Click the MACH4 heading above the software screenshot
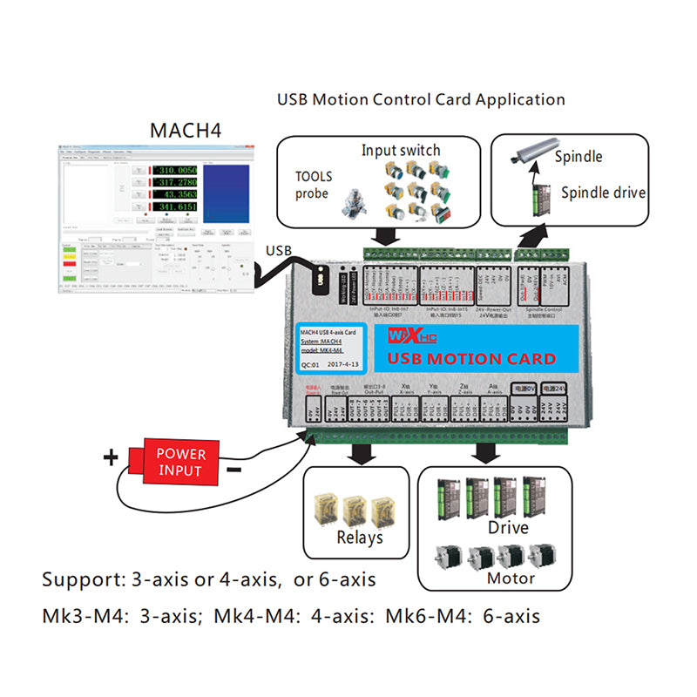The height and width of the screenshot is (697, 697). coord(186,131)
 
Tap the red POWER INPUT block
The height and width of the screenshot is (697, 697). coord(179,463)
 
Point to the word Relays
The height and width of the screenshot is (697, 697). coord(360,538)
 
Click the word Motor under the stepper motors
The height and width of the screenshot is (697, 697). coord(510,578)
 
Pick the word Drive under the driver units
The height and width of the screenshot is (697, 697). coord(508,528)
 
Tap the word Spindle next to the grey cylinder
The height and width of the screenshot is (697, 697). coord(579,157)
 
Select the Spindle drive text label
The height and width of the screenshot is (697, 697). coord(603,193)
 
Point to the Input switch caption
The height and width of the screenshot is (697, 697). coord(401,151)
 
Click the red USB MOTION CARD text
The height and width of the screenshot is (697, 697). coord(471,358)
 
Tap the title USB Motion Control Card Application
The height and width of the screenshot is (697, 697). coord(421,99)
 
